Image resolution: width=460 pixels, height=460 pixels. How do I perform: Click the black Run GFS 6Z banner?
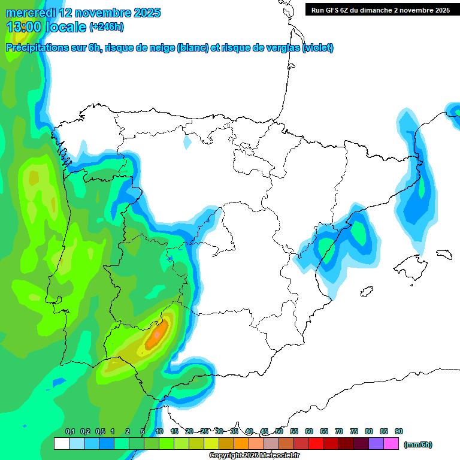click(380, 10)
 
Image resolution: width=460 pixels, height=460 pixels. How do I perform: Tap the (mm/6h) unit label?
click(417, 444)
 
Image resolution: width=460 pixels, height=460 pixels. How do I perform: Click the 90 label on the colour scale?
click(399, 431)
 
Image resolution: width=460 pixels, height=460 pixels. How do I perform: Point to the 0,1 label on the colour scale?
click(69, 431)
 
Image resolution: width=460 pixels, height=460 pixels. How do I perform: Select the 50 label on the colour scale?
click(279, 431)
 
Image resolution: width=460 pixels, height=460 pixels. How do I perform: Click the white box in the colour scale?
click(61, 444)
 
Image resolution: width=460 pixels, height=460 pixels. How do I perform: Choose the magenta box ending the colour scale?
click(392, 444)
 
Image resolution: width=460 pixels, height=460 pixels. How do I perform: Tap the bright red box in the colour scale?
click(316, 444)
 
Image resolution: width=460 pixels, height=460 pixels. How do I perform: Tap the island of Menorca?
click(444, 254)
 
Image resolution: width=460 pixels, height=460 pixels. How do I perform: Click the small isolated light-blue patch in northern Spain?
click(187, 143)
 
